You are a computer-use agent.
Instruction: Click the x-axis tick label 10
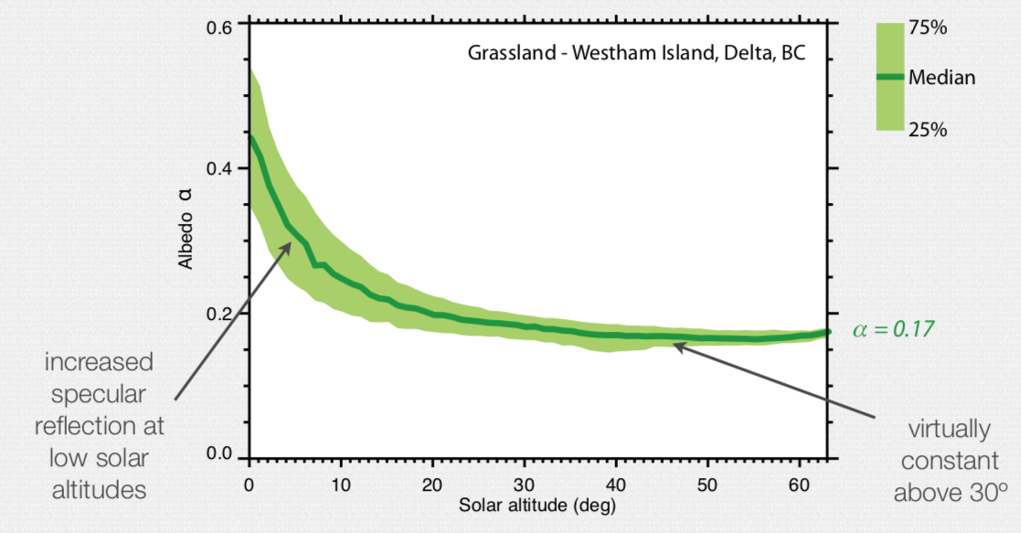(x=340, y=483)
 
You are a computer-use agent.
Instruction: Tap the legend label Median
(x=941, y=78)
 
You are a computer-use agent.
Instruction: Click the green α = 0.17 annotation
(x=893, y=329)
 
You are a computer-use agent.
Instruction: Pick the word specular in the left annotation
(x=100, y=394)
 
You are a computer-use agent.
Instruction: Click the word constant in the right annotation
(x=946, y=462)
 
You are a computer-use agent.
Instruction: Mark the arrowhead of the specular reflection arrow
(x=291, y=243)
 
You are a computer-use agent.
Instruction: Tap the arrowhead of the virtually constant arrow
(x=674, y=345)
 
